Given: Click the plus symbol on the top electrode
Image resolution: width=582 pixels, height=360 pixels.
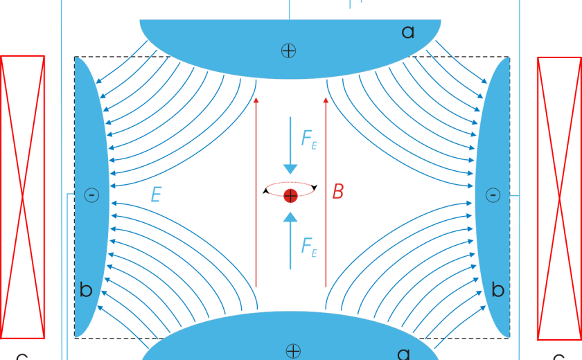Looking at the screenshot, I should tap(288, 50).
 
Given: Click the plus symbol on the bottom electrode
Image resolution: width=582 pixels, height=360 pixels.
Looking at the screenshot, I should tap(293, 350).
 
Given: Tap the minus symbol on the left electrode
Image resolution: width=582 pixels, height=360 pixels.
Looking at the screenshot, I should tap(91, 195).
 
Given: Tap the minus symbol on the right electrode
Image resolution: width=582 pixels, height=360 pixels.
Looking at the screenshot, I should tap(493, 195).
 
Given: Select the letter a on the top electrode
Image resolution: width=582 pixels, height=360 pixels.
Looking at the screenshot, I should tap(408, 31).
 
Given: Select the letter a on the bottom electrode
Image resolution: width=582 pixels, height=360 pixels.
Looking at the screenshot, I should tap(404, 353).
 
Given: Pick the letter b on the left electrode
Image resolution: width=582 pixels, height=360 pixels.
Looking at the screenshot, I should tap(86, 290).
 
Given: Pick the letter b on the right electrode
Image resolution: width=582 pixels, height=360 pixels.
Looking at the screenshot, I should tap(497, 290).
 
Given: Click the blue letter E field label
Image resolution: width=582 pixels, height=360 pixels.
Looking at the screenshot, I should tap(156, 195).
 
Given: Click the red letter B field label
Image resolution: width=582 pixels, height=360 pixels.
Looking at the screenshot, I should tap(337, 192).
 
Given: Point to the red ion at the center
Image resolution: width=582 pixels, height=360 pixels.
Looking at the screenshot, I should tap(290, 195).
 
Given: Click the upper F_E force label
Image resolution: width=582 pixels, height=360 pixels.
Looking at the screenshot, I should tap(309, 138).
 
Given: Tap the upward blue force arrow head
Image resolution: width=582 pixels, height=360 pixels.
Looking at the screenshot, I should tap(290, 217).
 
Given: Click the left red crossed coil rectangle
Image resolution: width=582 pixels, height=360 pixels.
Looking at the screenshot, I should tap(23, 197).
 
